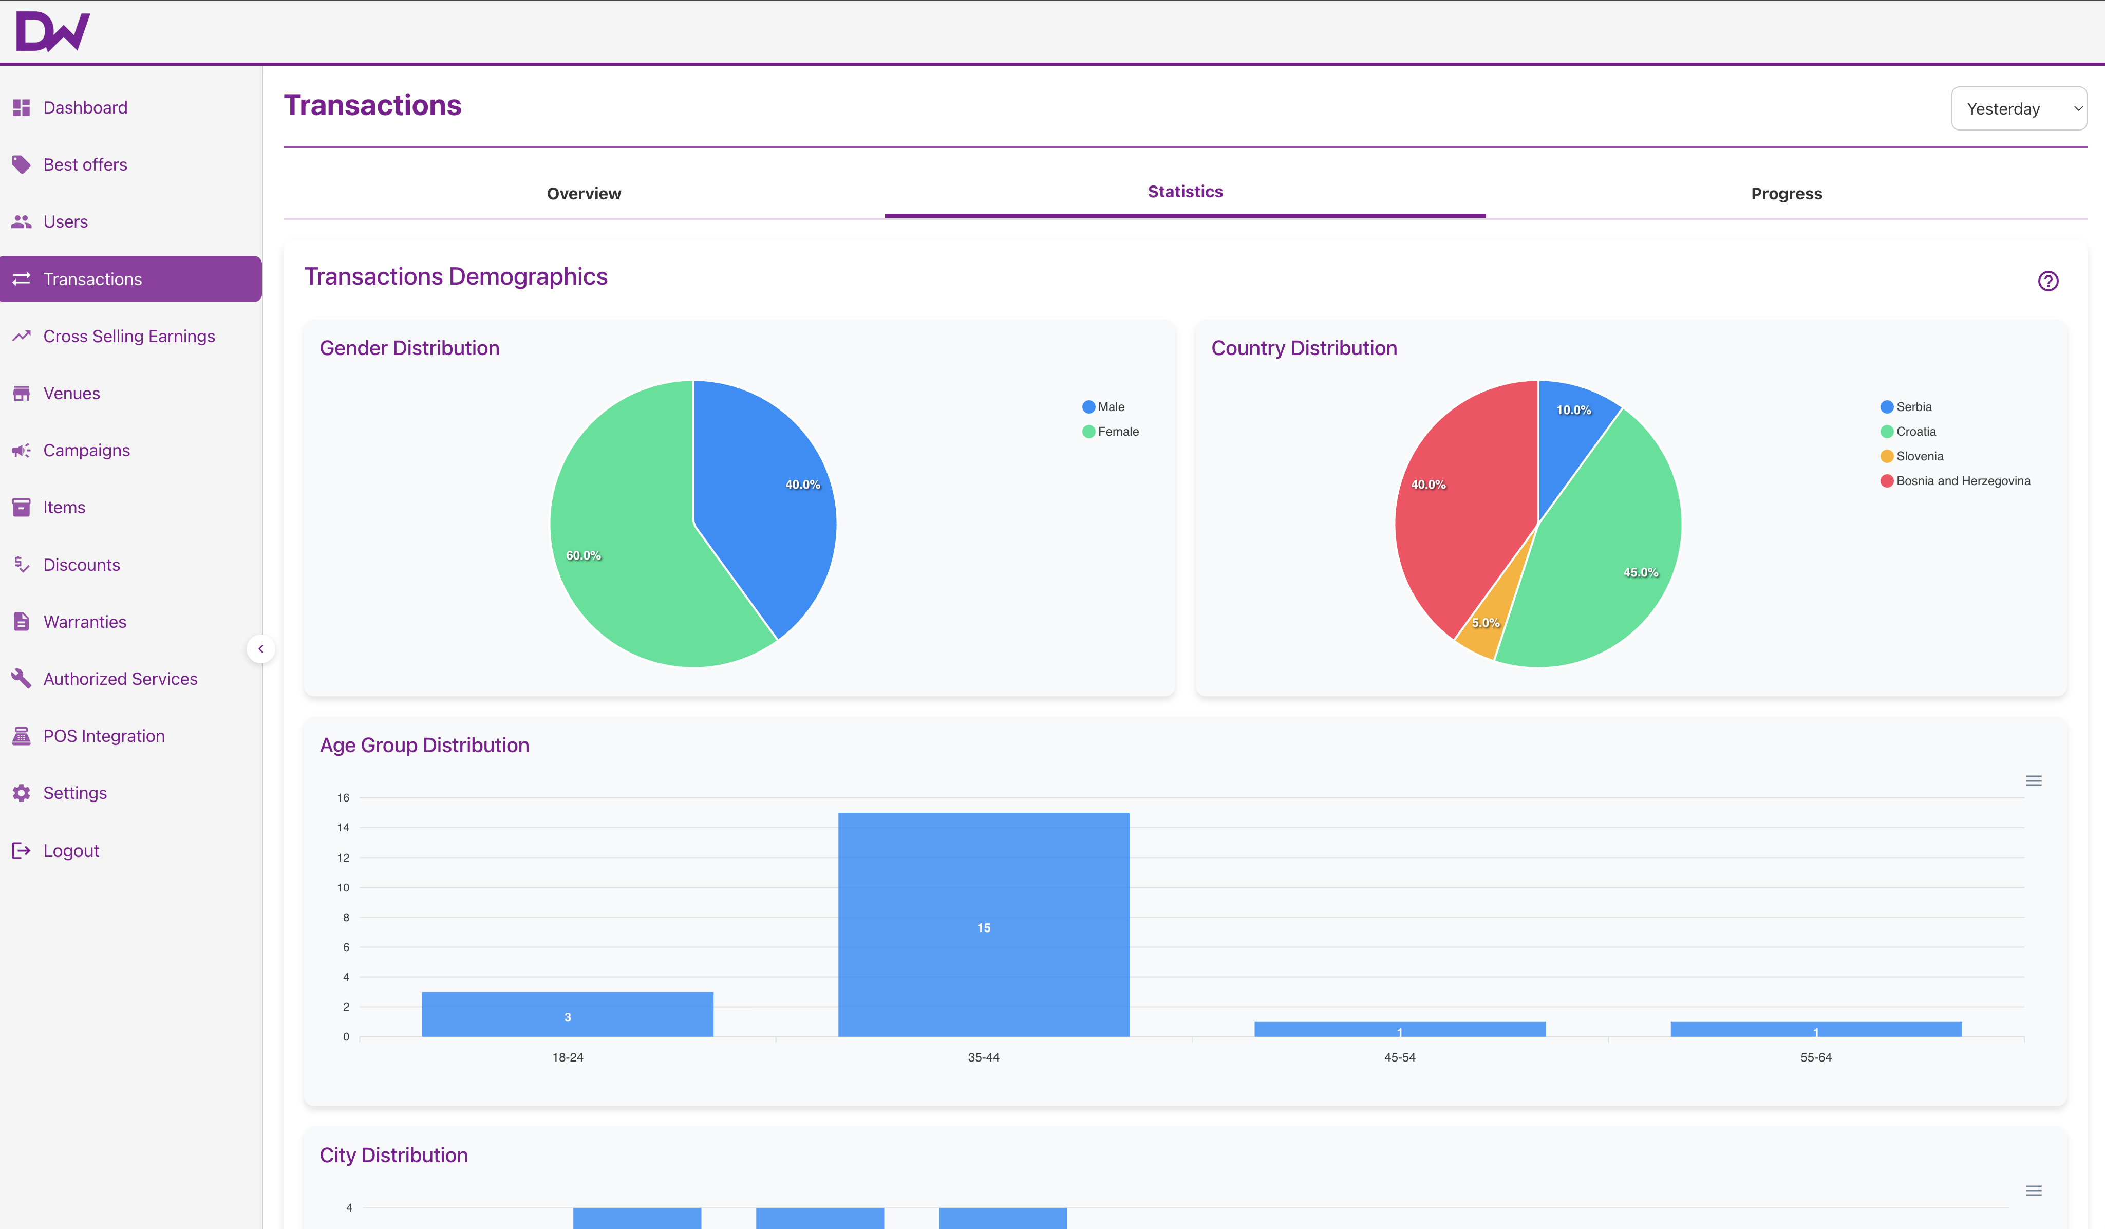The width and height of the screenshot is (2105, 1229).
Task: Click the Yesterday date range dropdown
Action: click(x=2018, y=108)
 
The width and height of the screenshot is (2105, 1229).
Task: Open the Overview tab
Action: click(x=584, y=194)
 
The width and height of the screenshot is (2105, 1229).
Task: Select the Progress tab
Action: click(x=1786, y=194)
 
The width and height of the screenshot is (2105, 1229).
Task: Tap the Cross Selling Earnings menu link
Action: click(x=128, y=336)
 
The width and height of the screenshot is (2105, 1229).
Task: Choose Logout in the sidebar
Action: click(x=71, y=850)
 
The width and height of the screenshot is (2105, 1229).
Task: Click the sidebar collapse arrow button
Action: click(x=260, y=649)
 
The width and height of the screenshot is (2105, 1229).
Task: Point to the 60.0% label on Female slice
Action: click(x=583, y=555)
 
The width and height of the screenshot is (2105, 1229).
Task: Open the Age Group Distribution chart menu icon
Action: click(x=2033, y=781)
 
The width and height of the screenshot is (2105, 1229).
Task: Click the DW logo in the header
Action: click(x=52, y=32)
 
